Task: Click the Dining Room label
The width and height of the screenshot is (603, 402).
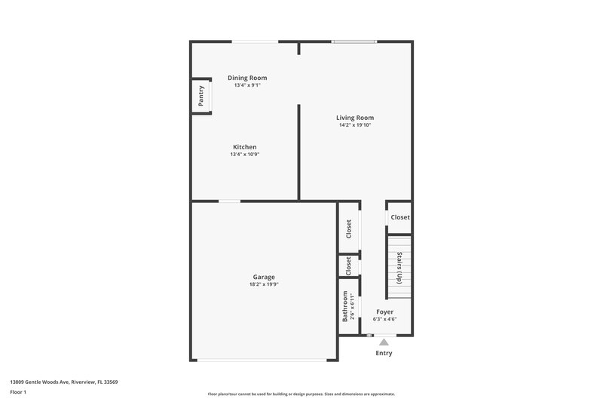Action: [x=247, y=78]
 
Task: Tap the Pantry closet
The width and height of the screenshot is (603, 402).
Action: [x=201, y=96]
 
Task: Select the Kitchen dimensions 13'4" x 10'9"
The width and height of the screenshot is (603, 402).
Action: [x=245, y=155]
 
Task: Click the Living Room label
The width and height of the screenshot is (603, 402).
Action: [x=355, y=118]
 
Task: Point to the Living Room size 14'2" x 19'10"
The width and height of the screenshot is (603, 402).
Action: [x=355, y=125]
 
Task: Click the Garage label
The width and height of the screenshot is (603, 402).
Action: [x=264, y=277]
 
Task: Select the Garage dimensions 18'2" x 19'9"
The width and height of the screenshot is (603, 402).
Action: [x=264, y=285]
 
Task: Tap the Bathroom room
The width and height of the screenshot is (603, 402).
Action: [x=348, y=306]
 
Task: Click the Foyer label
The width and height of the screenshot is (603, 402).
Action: [x=384, y=311]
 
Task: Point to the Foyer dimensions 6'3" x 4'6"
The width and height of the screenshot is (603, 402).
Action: [x=384, y=319]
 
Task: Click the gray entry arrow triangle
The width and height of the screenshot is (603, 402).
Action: [x=384, y=342]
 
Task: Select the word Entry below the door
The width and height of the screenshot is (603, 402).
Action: [x=384, y=353]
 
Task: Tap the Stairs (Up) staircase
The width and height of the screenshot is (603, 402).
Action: [x=399, y=265]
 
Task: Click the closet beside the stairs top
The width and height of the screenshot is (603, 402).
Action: [x=400, y=217]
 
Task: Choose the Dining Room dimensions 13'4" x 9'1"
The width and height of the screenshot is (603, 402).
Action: [x=247, y=85]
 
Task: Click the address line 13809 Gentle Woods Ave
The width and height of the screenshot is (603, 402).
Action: [x=63, y=382]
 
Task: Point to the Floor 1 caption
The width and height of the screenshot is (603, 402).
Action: [x=19, y=392]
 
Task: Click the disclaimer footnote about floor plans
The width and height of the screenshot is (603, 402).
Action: [x=301, y=394]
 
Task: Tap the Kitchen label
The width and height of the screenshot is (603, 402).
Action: [x=245, y=147]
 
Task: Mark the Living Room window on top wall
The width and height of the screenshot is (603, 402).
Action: [x=355, y=41]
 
